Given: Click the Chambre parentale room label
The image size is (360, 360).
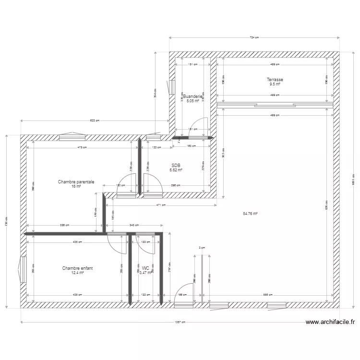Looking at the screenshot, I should click(x=76, y=182).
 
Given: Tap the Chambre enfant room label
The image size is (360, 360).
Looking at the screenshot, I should click(x=77, y=268).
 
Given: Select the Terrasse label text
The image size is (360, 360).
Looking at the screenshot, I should click(x=275, y=80).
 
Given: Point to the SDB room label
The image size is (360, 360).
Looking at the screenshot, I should click(x=176, y=165).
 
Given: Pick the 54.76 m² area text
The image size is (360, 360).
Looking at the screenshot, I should click(x=249, y=214).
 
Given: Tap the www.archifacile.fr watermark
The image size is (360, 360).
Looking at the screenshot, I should click(x=330, y=323).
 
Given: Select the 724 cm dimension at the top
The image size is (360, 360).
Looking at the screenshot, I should click(x=254, y=37).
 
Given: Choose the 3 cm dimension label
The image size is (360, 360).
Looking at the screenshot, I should click(x=202, y=248).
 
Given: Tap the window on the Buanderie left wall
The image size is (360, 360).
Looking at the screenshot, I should click(x=172, y=87).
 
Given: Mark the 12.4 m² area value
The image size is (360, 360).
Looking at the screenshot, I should click(x=77, y=273).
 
